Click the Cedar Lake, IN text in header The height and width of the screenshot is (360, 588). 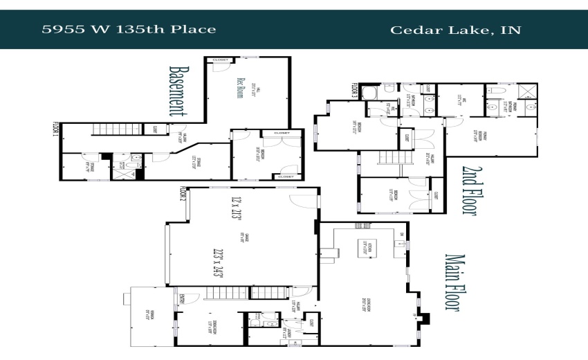[x=455, y=29]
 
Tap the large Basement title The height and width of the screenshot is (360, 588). [x=180, y=91]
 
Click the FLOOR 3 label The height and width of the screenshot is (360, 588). [x=354, y=91]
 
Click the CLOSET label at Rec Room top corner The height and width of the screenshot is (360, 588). [x=221, y=60]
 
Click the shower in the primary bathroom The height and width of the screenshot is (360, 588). [x=529, y=91]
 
